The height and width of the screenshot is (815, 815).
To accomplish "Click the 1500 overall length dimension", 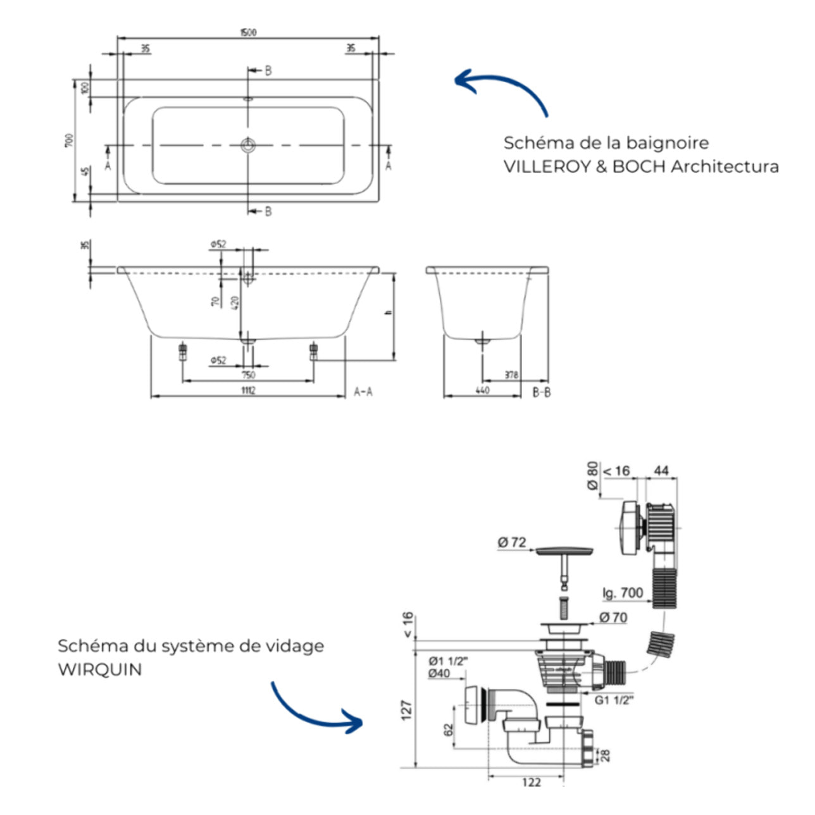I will click(249, 32).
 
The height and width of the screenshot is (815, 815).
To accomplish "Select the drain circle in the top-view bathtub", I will click(248, 146).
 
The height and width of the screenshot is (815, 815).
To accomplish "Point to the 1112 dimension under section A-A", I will click(248, 391).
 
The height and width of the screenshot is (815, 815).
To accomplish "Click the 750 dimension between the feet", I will click(248, 375).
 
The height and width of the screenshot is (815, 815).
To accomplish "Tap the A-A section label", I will click(363, 392).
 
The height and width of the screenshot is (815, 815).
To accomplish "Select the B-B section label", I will click(541, 392).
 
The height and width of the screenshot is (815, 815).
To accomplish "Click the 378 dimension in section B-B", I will click(511, 375).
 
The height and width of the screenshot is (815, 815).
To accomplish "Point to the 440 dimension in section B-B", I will click(482, 390).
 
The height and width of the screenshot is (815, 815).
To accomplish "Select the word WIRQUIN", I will click(100, 669).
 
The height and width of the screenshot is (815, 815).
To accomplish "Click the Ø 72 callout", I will click(511, 542).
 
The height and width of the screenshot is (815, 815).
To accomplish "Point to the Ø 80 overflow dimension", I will click(592, 475).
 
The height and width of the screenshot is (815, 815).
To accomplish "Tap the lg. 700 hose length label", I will click(623, 593).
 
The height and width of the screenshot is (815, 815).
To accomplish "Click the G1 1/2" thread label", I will click(614, 700).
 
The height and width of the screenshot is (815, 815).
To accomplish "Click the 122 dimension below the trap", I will click(532, 783).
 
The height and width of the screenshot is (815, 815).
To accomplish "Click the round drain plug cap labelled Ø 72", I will click(564, 551).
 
